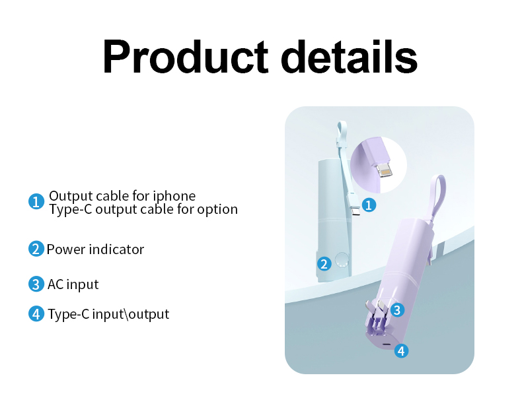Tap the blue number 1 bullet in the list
tap(36, 202)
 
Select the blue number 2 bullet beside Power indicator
tap(36, 249)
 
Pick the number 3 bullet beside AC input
tap(36, 284)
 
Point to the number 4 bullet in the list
tap(36, 314)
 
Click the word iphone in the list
tap(174, 196)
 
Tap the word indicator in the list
tap(117, 249)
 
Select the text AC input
tap(73, 284)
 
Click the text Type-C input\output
tap(108, 314)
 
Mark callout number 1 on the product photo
tap(369, 205)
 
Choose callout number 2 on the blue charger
tap(324, 264)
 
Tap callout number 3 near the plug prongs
tap(396, 309)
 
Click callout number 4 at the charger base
tap(401, 351)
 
